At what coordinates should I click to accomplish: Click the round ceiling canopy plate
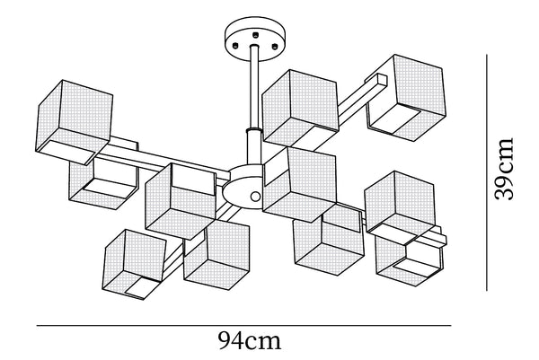pos(254,39)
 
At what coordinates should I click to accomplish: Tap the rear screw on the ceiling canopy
pos(255,34)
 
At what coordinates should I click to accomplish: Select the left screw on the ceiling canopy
pos(235,46)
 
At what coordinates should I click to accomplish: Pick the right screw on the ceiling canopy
pos(274,46)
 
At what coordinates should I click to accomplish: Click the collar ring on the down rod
pos(255,131)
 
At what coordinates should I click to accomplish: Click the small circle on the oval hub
pos(255,197)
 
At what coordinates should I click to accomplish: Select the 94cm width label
pos(249,341)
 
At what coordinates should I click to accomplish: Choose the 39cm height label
pos(504,169)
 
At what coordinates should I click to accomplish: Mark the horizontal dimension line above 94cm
pos(243,325)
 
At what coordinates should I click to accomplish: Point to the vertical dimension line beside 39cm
pos(486,172)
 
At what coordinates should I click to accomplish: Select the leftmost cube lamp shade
pos(74,122)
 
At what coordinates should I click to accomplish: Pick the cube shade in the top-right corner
pos(406,98)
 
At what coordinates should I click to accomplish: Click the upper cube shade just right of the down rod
pos(300,109)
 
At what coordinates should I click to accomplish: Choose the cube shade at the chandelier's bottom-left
pos(134,265)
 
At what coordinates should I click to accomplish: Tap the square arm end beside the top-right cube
pos(382,81)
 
